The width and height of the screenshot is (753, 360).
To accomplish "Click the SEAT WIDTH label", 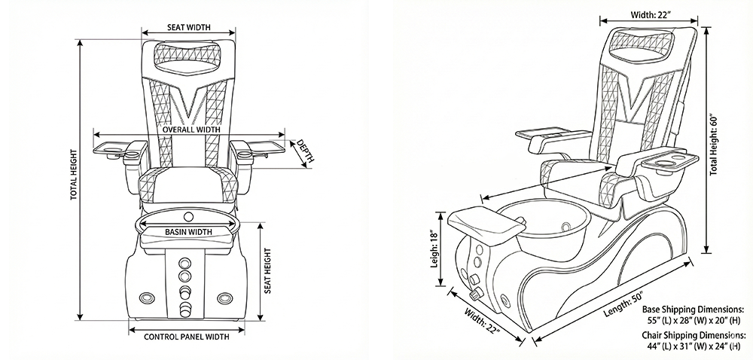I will pyautogui.click(x=187, y=27).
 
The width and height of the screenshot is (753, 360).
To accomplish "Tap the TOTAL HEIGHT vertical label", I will pyautogui.click(x=74, y=173).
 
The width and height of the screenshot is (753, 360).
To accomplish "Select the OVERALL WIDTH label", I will pyautogui.click(x=191, y=130).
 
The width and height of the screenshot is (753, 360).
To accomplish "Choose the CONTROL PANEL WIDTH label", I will pyautogui.click(x=186, y=337).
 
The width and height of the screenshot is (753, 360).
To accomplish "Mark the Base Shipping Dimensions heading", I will pyautogui.click(x=694, y=309).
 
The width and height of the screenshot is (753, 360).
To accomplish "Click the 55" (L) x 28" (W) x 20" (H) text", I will pyautogui.click(x=693, y=319).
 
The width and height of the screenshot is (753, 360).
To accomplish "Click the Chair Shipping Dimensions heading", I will pyautogui.click(x=694, y=334).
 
